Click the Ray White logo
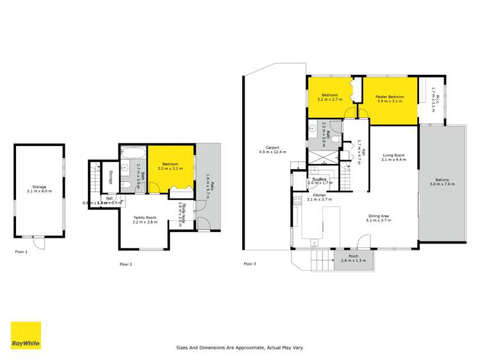[26, 335]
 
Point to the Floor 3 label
[250, 263]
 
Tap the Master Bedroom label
[390, 99]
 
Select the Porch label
[353, 258]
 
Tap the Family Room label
[144, 220]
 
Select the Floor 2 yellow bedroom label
[171, 167]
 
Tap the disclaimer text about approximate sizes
[240, 348]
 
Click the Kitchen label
[319, 197]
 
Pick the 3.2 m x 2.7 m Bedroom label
[331, 98]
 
